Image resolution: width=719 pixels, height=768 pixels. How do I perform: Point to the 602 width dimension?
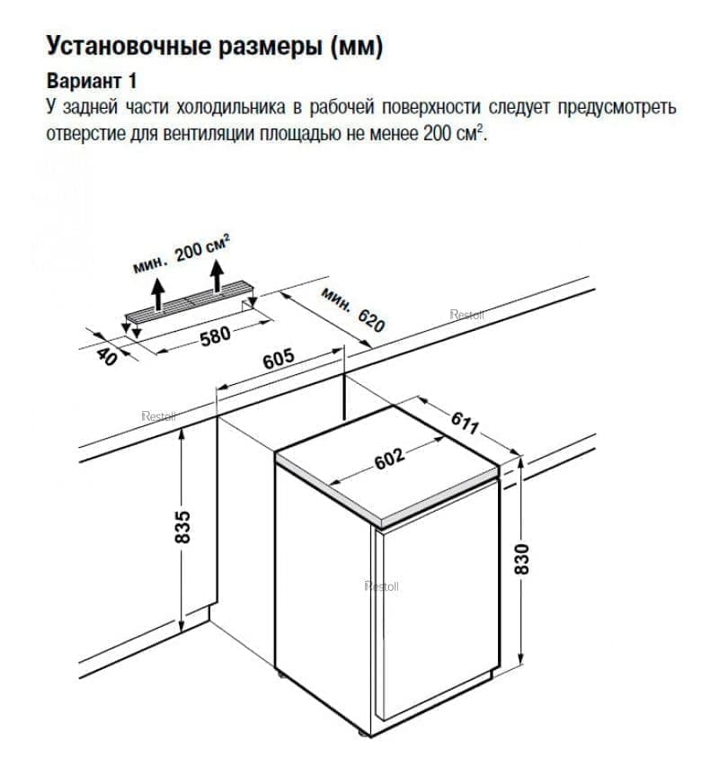(x=388, y=460)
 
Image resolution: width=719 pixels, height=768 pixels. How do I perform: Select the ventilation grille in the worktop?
(x=191, y=302)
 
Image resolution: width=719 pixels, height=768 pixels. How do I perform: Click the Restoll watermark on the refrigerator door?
(x=381, y=586)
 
